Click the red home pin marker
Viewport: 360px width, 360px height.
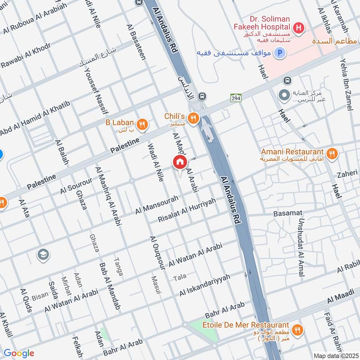pos(180,162)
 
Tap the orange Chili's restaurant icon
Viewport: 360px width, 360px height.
pos(193,118)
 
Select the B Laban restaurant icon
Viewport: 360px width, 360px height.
pos(142,125)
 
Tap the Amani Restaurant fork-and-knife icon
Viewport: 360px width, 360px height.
pos(332,153)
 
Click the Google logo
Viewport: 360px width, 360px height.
pos(19,353)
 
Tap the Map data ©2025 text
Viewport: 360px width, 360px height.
pos(335,355)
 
